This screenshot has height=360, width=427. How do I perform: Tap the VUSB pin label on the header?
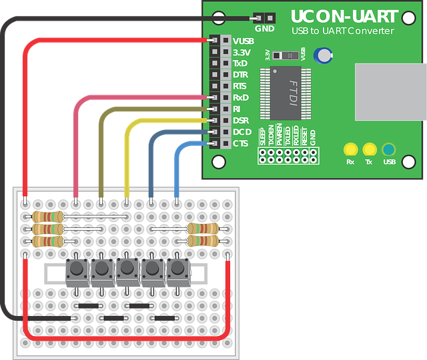244,41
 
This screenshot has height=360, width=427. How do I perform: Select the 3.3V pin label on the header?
242,52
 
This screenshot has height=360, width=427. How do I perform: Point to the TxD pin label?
240,63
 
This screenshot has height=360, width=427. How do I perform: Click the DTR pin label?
240,75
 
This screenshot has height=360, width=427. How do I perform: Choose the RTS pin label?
240,86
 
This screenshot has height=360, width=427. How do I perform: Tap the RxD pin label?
241,97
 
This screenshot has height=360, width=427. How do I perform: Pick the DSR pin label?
241,120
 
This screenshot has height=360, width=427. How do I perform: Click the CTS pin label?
241,143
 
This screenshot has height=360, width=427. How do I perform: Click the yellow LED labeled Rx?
350,149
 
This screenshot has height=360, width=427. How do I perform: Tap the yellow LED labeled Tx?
369,149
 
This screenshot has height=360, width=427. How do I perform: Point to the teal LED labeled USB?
388,149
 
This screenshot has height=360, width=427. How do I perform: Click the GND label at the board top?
264,29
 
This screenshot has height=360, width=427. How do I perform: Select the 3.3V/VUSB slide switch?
288,54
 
